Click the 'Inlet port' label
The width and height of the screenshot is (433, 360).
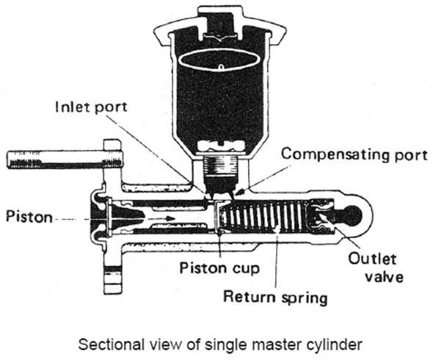click(x=92, y=107)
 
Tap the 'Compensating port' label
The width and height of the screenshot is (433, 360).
click(x=354, y=154)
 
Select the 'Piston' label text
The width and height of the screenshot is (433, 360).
click(x=29, y=217)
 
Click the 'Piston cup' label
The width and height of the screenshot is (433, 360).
click(x=220, y=267)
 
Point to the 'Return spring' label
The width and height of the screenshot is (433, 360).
click(x=275, y=297)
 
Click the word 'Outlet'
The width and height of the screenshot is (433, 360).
click(x=372, y=259)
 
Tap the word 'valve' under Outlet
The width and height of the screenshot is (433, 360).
click(x=384, y=276)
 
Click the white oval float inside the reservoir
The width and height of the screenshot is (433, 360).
click(x=220, y=62)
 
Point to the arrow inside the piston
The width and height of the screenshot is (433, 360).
click(x=159, y=218)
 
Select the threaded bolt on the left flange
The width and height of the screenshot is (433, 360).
click(x=65, y=159)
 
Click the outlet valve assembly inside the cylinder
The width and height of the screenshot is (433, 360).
click(x=322, y=216)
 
